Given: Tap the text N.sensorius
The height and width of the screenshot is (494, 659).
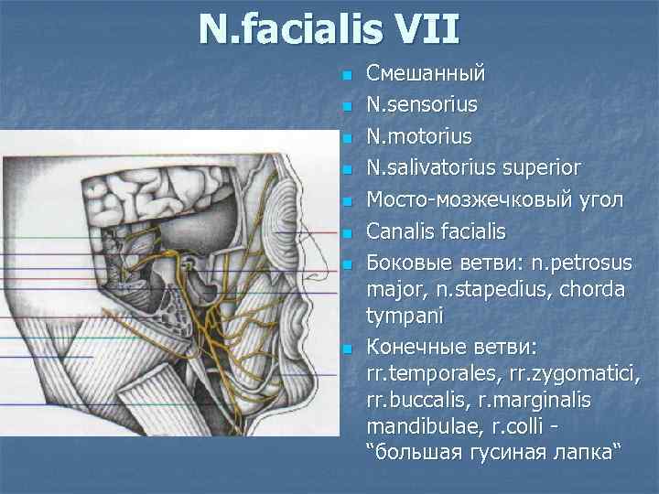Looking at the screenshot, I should pyautogui.click(x=422, y=104).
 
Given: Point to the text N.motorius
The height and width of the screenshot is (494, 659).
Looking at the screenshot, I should pyautogui.click(x=419, y=136).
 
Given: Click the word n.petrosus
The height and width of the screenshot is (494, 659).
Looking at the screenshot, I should pyautogui.click(x=567, y=264).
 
